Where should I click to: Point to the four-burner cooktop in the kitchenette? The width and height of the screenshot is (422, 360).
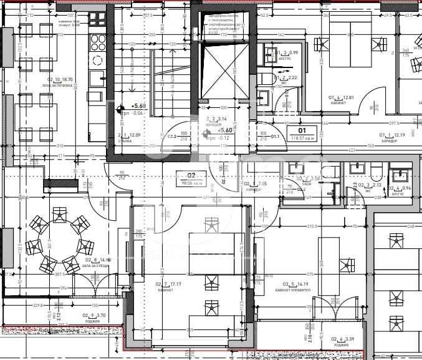click(98, 41)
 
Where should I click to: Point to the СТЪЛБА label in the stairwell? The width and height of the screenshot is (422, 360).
click(128, 138)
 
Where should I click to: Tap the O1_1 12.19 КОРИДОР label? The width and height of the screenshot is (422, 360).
click(393, 138)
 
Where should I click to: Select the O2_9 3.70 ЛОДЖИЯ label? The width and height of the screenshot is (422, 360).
click(94, 318)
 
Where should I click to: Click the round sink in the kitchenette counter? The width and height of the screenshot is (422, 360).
click(98, 61)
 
